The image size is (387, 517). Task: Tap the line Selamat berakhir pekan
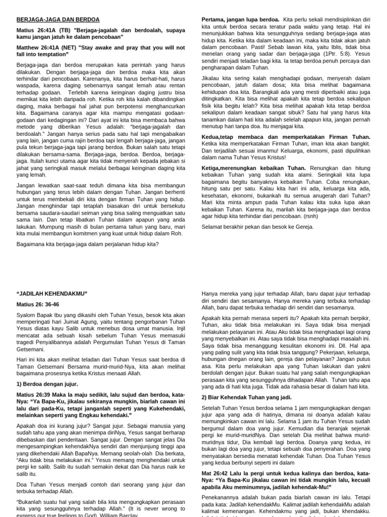point(257,226)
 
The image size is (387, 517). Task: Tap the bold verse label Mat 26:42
point(217,473)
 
